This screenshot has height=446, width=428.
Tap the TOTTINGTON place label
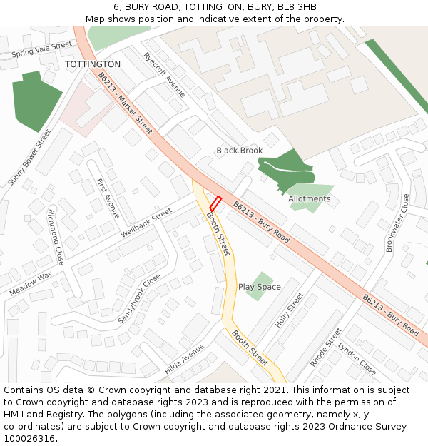tap(93, 64)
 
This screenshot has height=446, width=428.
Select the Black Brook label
tap(240, 151)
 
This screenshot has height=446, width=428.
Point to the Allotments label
tap(310, 198)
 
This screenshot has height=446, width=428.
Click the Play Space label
tap(260, 287)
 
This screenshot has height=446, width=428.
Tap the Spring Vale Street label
tap(42, 49)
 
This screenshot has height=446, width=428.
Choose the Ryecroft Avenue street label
tap(164, 75)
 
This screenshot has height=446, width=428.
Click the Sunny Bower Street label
tap(31, 158)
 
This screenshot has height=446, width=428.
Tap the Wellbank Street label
tap(146, 223)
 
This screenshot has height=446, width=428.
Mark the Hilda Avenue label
tap(184, 358)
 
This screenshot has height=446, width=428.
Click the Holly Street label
tap(290, 310)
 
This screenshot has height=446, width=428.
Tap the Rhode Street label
tap(326, 347)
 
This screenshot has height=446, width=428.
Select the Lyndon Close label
tap(357, 358)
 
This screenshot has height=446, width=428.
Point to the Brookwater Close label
tap(398, 223)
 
